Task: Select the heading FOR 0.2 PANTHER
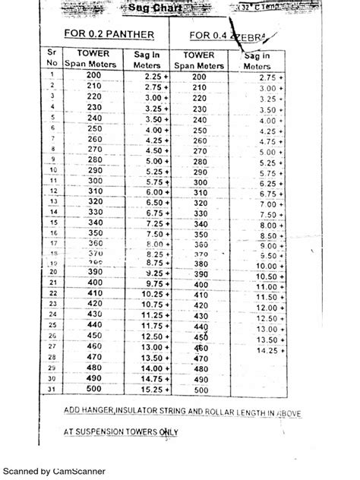[x=110, y=33]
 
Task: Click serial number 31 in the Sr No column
[x=52, y=390]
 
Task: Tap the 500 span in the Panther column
[x=94, y=390]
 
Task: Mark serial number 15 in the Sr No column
[x=52, y=221]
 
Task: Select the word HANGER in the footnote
[x=96, y=411]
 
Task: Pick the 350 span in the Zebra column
[x=200, y=234]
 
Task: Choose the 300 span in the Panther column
[x=94, y=181]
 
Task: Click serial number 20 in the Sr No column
[x=52, y=271]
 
